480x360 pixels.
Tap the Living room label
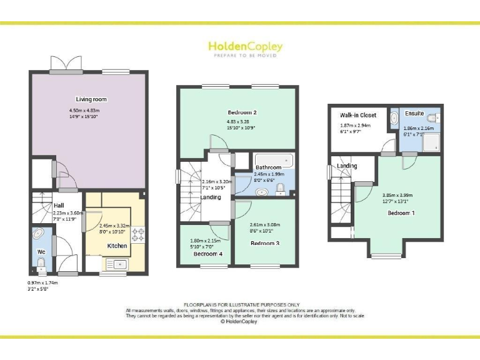[92, 99]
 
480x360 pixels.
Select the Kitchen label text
[117, 246]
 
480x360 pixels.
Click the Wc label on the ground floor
[41, 251]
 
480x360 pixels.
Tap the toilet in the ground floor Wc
[42, 267]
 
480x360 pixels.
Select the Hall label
[59, 205]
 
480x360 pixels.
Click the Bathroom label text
[268, 167]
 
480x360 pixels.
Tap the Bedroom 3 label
[265, 242]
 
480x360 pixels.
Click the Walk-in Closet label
[357, 115]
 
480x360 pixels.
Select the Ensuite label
[414, 114]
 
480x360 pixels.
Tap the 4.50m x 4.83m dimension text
[84, 111]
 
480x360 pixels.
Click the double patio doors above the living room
[66, 63]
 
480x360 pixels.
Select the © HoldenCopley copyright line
[240, 322]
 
